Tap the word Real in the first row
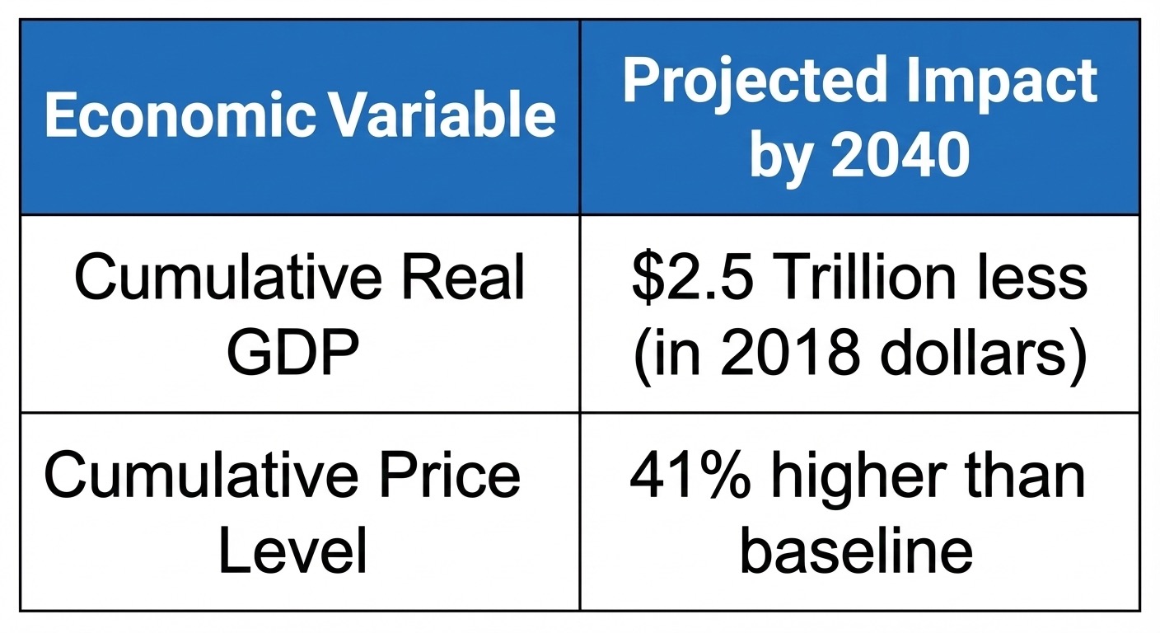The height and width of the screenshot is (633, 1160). (462, 277)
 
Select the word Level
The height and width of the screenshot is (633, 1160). (292, 549)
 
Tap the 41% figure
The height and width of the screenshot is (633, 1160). (690, 475)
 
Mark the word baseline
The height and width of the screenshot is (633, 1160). (856, 548)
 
